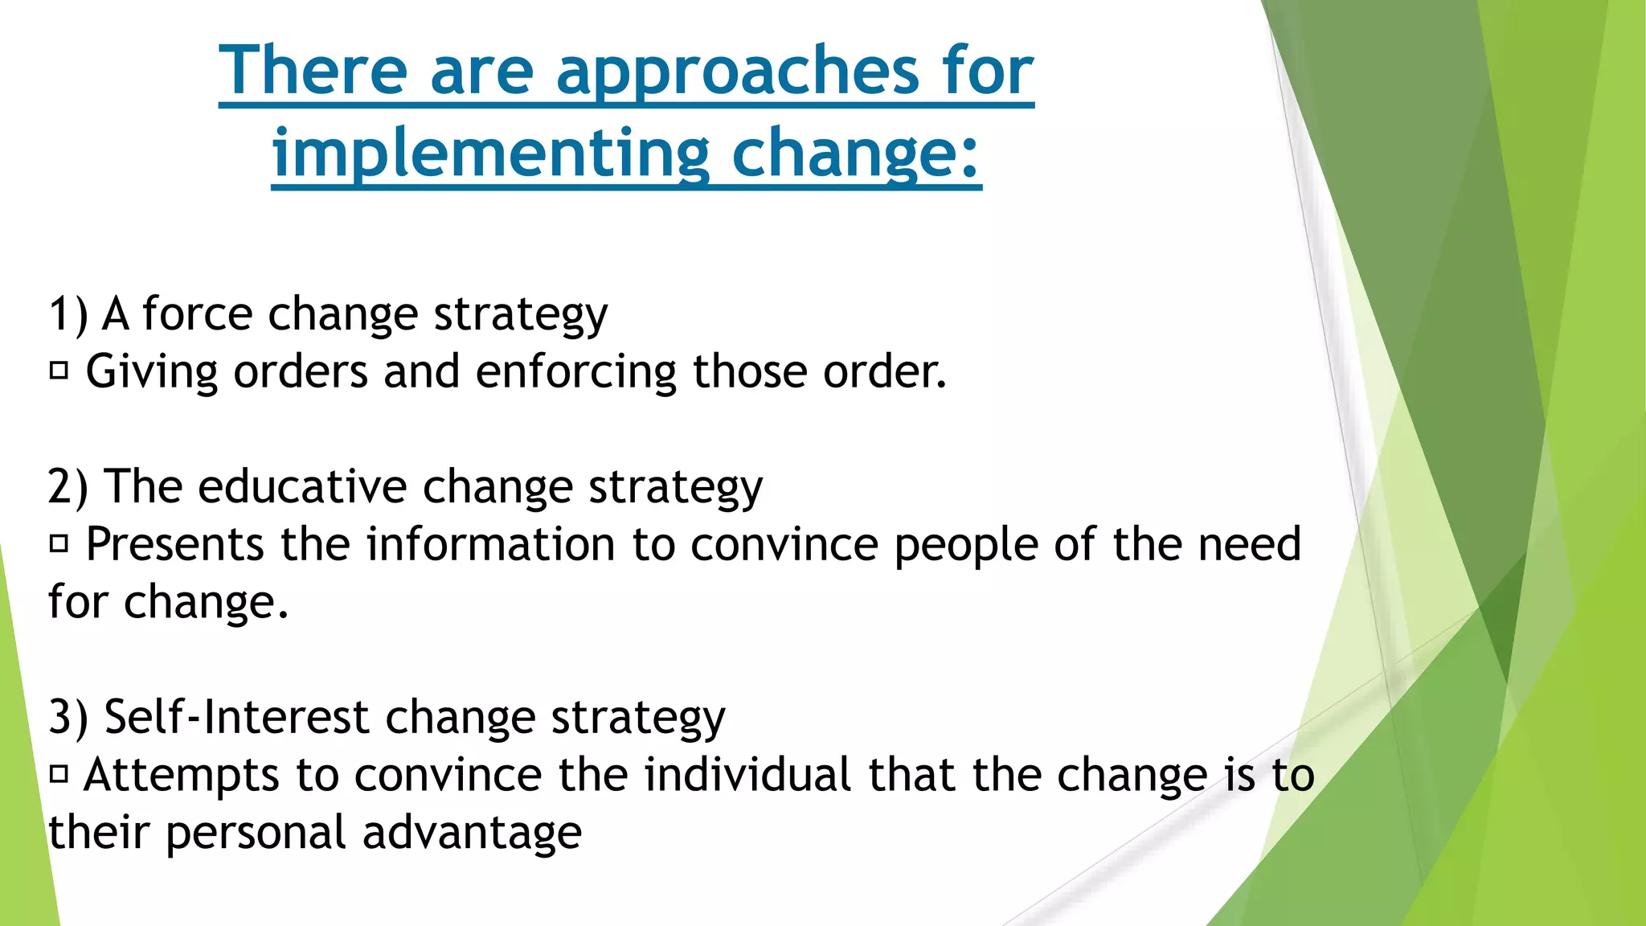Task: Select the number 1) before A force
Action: tap(68, 313)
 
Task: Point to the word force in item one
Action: tap(197, 313)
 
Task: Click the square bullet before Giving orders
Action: tap(59, 371)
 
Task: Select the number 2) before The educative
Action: tap(68, 487)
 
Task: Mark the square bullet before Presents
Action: tap(59, 545)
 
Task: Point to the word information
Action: tap(490, 545)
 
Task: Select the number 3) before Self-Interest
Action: tap(68, 717)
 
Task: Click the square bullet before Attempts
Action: tap(59, 775)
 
